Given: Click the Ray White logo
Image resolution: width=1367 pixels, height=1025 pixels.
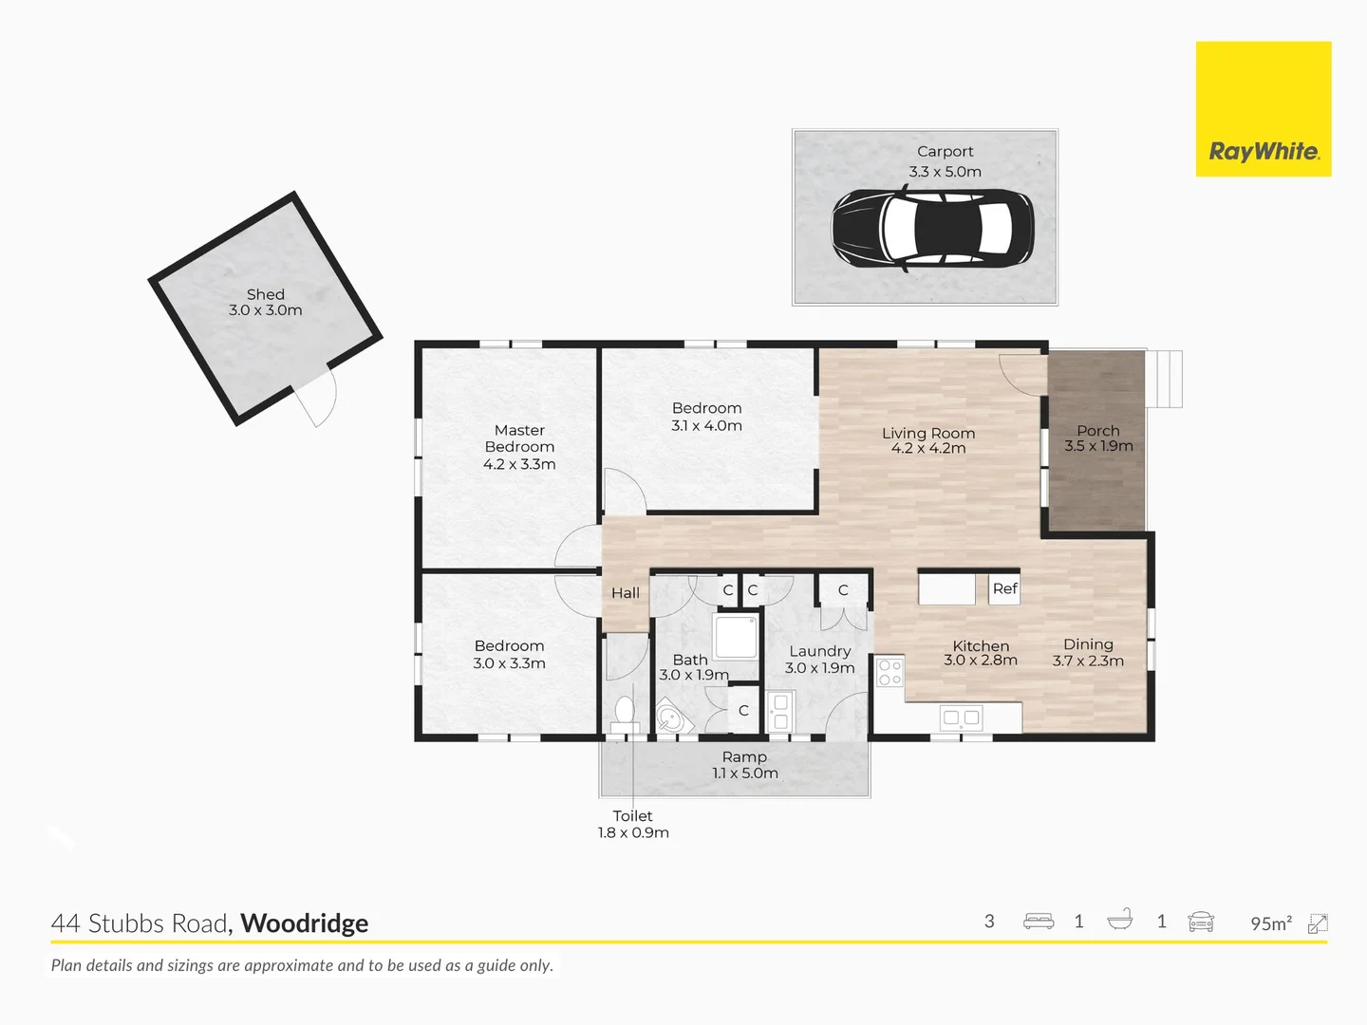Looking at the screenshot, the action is [x=1263, y=109].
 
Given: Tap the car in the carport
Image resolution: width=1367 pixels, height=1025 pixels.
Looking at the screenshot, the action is [x=932, y=229].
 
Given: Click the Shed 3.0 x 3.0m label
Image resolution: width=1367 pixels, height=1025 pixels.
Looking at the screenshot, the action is [x=265, y=303].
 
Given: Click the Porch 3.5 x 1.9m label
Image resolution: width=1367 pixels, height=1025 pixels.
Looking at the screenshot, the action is [x=1098, y=438].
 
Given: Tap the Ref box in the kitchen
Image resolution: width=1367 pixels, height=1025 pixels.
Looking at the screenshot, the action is [x=1004, y=588].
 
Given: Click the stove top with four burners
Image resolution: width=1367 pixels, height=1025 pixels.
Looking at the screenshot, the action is [x=889, y=672].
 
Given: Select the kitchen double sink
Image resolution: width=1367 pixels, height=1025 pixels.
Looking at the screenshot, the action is [x=962, y=717].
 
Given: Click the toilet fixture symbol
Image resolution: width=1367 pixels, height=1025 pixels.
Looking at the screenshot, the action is [x=625, y=715].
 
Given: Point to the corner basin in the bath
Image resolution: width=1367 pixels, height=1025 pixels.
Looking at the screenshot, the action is [x=673, y=717].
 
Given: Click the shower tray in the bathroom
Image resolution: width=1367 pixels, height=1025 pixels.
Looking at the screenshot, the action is [x=736, y=636].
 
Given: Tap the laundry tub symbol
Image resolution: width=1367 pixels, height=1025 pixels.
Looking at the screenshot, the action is [x=780, y=712].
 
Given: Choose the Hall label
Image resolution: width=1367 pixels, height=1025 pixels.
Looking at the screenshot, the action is [x=626, y=593].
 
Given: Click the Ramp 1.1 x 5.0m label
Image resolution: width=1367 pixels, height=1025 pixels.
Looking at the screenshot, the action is [x=745, y=765].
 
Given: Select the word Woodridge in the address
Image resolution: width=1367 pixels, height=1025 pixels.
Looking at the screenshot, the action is [x=305, y=923].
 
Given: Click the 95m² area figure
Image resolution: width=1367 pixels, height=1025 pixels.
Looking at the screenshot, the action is [x=1271, y=923].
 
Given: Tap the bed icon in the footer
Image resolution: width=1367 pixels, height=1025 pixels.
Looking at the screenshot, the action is [x=1039, y=921].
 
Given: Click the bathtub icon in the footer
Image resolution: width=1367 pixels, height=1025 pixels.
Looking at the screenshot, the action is [x=1120, y=920].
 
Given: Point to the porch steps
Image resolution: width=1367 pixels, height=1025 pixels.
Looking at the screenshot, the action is [x=1163, y=379].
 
